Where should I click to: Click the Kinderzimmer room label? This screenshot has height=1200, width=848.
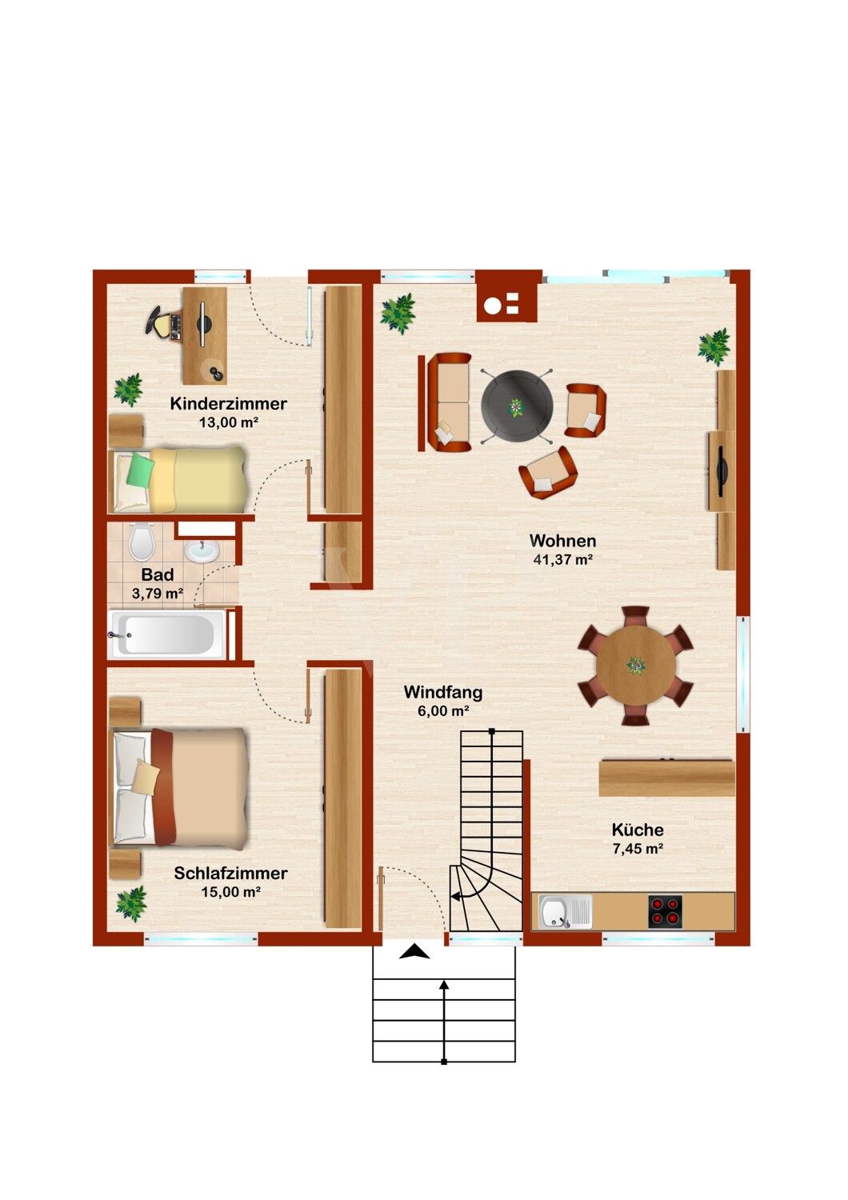tap(228, 404)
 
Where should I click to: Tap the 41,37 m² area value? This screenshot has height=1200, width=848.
tap(562, 560)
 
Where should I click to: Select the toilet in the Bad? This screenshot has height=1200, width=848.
tap(142, 541)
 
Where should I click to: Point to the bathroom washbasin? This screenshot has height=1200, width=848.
tap(202, 550)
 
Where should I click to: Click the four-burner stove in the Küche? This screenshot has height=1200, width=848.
tap(666, 911)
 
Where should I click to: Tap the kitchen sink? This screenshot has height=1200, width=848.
tap(565, 912)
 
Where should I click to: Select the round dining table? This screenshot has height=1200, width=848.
tap(635, 666)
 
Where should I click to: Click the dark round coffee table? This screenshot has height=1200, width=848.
tap(517, 406)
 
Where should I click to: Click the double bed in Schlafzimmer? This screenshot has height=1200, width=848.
tap(180, 788)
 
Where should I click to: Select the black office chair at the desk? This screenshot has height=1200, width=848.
tap(158, 322)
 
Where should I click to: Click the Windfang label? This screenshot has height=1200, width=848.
tap(443, 693)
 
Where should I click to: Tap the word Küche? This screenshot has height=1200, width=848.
tap(638, 830)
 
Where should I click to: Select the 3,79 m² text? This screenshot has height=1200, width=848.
tap(158, 594)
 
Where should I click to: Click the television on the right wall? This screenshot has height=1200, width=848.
tap(721, 471)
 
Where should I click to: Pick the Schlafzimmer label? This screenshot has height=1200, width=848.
tap(230, 874)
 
